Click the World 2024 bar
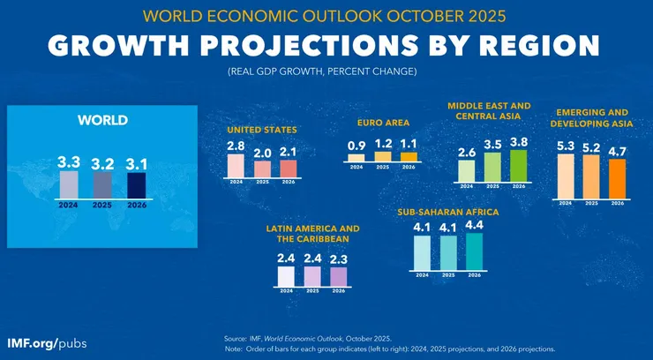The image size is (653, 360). pyautogui.click(x=70, y=184)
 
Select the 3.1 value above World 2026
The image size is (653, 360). pyautogui.click(x=137, y=163)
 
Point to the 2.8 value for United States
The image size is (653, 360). pyautogui.click(x=236, y=146)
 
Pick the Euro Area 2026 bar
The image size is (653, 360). pyautogui.click(x=409, y=157)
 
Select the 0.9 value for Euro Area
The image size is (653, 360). pyautogui.click(x=357, y=145)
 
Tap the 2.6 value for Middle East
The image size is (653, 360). pyautogui.click(x=467, y=152)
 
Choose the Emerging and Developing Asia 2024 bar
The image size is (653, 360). pyautogui.click(x=566, y=176)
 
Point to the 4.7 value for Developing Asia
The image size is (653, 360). pyautogui.click(x=617, y=150)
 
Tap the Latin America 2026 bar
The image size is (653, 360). pyautogui.click(x=339, y=275)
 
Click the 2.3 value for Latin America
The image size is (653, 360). pyautogui.click(x=339, y=259)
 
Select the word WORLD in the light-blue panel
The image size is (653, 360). pyautogui.click(x=103, y=120)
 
